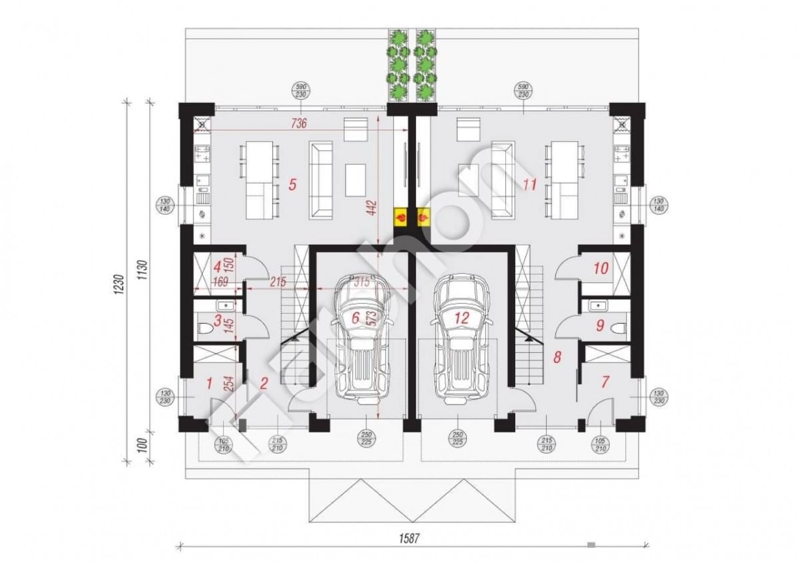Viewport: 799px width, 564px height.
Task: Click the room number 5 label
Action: [x=292, y=184]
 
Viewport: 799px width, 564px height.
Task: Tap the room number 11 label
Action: [x=530, y=184]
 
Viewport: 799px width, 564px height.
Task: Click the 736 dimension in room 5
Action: [x=299, y=123]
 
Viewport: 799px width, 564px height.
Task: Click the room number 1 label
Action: [x=210, y=382]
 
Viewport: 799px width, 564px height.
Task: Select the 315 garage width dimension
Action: [x=361, y=282]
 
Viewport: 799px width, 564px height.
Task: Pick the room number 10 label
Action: [x=601, y=269]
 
